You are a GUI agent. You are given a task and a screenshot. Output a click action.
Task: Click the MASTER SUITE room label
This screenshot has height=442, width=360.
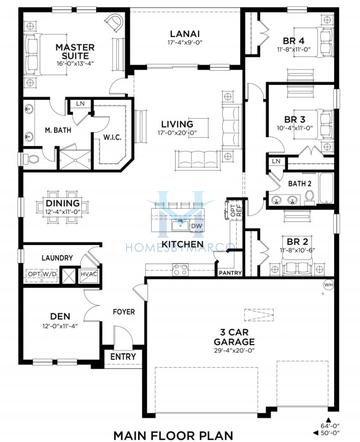click(x=74, y=52)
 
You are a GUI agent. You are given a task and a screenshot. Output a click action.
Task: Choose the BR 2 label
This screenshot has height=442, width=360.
click(x=296, y=241)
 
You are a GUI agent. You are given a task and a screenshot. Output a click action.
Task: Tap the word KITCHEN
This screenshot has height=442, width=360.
click(x=182, y=244)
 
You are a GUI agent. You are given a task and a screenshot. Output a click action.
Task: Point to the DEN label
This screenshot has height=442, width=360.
click(x=61, y=316)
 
